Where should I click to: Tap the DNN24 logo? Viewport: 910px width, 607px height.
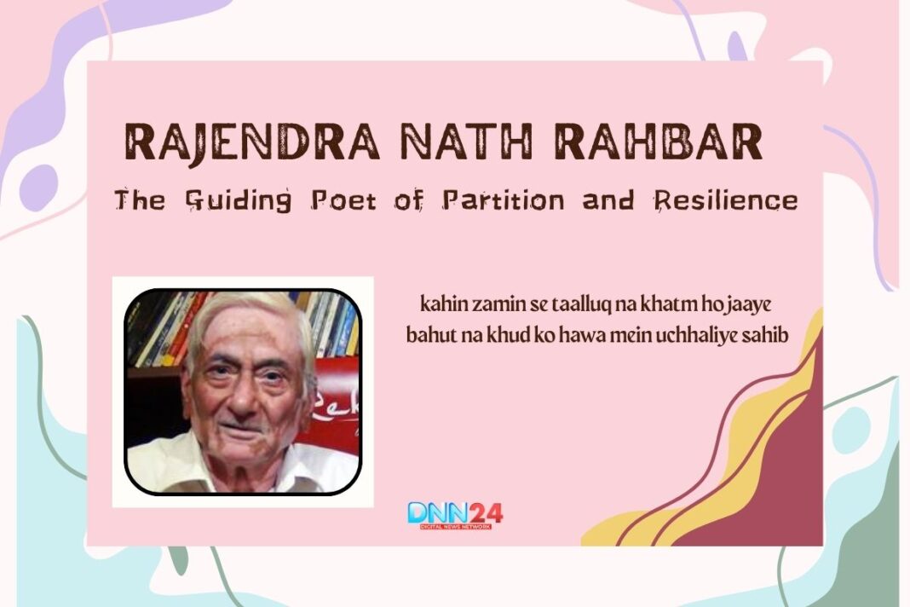point(454,514)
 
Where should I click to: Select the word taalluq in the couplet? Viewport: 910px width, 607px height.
point(559,304)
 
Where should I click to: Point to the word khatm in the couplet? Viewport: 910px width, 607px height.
point(642,304)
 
